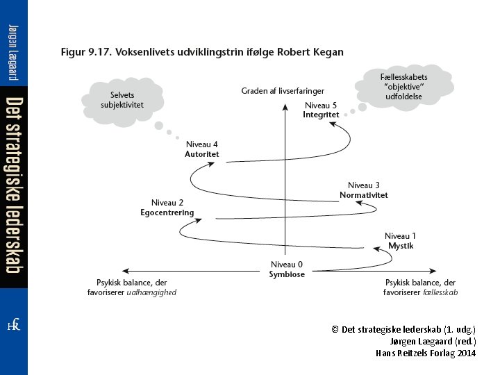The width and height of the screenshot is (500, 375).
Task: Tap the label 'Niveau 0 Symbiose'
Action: point(286,269)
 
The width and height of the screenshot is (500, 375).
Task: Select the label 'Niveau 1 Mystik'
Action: point(401,240)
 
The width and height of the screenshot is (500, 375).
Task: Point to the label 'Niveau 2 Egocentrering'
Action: point(167,208)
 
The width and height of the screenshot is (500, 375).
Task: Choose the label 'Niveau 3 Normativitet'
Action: point(363,190)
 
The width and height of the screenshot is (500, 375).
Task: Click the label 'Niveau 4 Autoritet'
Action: point(202,149)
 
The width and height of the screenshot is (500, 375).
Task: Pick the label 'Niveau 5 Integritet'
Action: point(321,110)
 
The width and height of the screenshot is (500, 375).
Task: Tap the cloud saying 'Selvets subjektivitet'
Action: point(122,100)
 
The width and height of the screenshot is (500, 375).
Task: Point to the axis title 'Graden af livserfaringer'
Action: point(283,91)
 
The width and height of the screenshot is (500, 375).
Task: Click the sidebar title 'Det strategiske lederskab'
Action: point(13,184)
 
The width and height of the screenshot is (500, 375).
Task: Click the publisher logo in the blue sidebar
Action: point(13,326)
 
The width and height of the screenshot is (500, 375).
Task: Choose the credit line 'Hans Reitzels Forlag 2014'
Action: point(426,353)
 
